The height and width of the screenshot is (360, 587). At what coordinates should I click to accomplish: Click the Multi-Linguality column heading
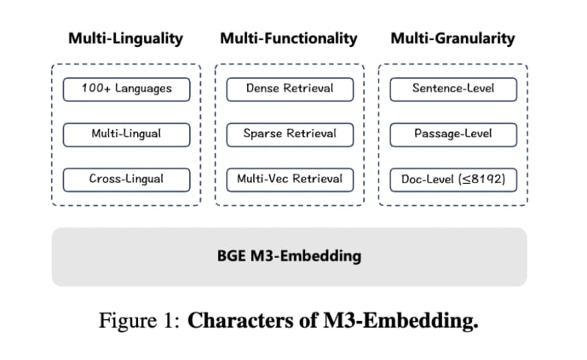pos(125,39)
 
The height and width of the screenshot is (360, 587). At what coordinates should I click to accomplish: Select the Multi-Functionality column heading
pos(288,39)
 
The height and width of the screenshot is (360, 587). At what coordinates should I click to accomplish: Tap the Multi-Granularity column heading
pos(452,39)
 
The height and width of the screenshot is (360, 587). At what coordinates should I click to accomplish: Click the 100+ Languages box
pos(126,89)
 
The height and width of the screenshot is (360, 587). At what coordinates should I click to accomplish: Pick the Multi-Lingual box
pos(126,134)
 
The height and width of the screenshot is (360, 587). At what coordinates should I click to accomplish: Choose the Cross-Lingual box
pos(126,179)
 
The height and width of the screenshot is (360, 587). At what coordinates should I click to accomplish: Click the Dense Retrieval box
pos(289,89)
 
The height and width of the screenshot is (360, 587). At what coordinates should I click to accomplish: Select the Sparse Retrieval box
pos(289,134)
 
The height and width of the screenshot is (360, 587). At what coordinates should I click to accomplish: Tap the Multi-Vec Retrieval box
pos(289,179)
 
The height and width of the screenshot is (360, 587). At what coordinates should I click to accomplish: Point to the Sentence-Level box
pos(453,89)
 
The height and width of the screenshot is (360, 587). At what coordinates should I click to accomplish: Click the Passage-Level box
pos(453,134)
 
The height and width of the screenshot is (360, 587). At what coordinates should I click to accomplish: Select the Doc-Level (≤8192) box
pos(453,179)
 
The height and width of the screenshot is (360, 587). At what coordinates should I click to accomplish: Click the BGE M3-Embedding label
pos(289,257)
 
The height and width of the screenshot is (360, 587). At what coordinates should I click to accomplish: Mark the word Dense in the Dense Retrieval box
pos(261,89)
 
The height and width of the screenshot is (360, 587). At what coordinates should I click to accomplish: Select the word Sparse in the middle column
pos(263,134)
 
